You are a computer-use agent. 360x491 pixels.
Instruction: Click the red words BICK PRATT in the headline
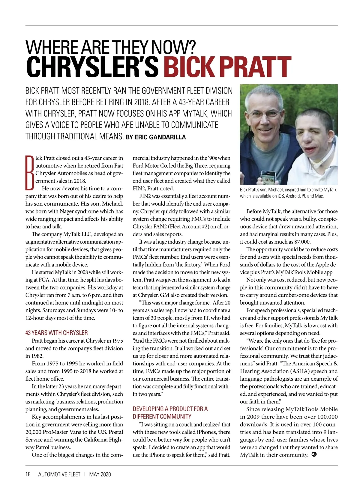point(227,67)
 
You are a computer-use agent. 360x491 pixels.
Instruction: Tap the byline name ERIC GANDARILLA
point(160,137)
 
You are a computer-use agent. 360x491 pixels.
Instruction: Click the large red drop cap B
point(30,173)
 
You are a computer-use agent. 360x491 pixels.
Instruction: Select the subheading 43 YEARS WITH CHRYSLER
point(56,333)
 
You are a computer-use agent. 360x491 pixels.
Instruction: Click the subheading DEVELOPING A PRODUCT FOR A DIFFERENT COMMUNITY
point(170,412)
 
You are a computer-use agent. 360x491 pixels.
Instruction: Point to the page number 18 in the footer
point(28,474)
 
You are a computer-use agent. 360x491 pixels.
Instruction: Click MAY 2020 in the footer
point(100,474)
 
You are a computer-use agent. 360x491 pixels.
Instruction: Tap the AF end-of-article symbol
point(314,454)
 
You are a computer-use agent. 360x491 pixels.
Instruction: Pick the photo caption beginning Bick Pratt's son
point(288,193)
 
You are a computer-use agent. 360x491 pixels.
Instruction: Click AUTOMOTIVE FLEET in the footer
point(59,474)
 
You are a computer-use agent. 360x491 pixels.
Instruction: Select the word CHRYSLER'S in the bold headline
point(92,67)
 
